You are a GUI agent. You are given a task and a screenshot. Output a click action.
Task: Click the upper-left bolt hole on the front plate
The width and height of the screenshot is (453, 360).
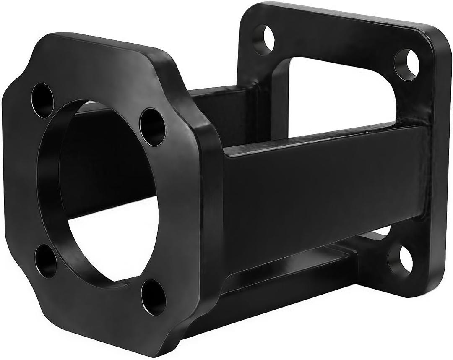tap(42, 100)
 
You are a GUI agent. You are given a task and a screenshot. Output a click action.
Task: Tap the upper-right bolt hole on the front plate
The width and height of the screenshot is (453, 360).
tap(152, 127)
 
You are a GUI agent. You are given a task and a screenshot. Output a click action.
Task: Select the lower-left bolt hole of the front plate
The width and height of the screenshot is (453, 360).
tap(46, 261)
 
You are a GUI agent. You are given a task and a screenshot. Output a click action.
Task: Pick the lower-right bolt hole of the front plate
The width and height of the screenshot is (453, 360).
tap(153, 297)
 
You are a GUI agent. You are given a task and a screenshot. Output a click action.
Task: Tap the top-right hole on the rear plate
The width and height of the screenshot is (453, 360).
tap(406, 64)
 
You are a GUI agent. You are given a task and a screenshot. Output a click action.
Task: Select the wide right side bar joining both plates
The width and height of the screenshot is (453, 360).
tap(323, 189)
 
